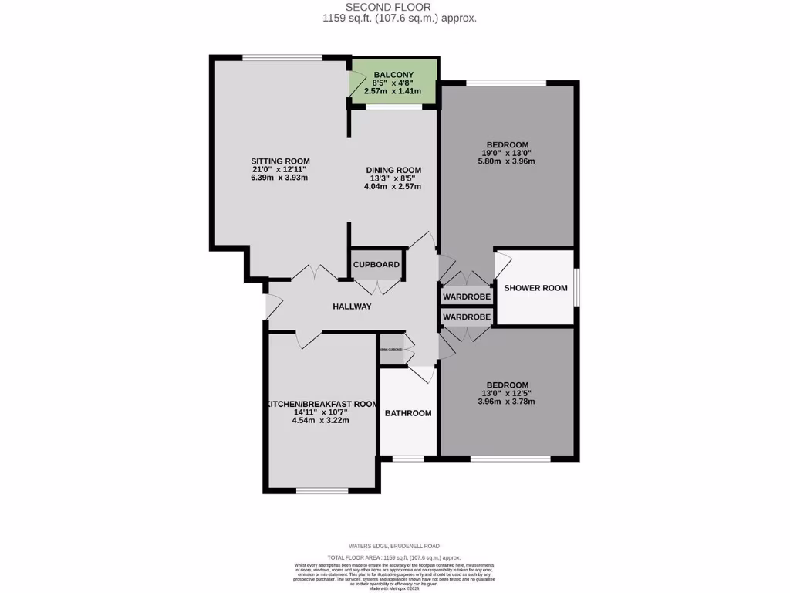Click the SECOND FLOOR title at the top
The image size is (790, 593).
[394, 6]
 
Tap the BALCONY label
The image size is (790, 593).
[393, 74]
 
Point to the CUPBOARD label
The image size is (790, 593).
[376, 265]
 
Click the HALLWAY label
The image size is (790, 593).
[352, 307]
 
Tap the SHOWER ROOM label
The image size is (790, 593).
[535, 288]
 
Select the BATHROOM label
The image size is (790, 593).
[408, 413]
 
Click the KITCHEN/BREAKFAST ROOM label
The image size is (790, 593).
[321, 404]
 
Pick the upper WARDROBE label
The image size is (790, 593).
[467, 296]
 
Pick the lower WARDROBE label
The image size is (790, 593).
[467, 317]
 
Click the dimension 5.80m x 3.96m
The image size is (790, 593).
[507, 161]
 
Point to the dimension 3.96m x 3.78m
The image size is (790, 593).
[507, 402]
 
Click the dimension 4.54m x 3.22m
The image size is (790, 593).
[321, 421]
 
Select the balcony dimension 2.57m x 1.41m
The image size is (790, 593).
[393, 91]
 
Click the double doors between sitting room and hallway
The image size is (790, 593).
[317, 273]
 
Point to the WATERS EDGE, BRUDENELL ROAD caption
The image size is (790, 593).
[394, 546]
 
